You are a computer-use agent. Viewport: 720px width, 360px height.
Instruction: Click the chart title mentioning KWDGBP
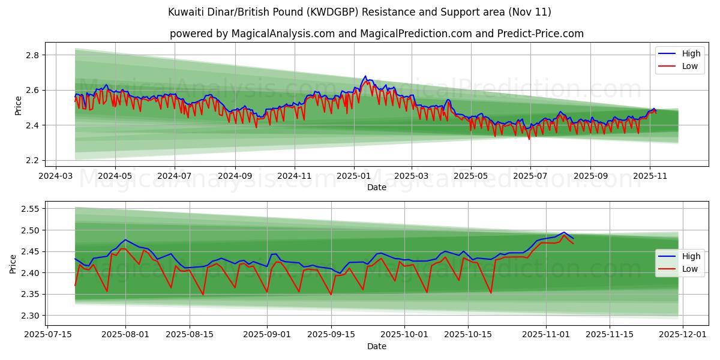[359, 12]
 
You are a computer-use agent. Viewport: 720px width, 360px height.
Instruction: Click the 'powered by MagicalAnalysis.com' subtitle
[376, 34]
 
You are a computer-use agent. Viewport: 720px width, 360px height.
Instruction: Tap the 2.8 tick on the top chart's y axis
[32, 55]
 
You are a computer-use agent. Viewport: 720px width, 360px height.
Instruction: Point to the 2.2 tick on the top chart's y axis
[32, 161]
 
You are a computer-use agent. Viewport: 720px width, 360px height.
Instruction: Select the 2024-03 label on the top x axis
[56, 176]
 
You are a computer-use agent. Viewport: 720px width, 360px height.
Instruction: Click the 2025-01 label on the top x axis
[353, 176]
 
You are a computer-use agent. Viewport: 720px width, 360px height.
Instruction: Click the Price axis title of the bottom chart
[13, 263]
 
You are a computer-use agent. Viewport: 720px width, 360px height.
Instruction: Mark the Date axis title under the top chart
[376, 187]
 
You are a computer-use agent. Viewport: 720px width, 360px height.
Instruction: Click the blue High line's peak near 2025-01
[365, 77]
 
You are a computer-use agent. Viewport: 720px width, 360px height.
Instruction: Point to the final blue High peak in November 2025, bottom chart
[564, 232]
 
